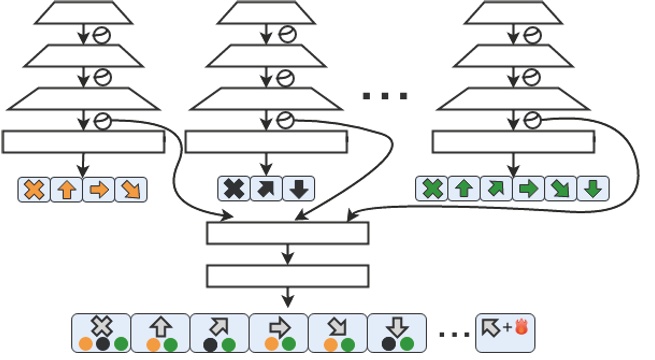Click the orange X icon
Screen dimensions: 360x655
34,189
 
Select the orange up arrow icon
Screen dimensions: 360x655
66,189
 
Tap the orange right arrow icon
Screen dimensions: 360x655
98,189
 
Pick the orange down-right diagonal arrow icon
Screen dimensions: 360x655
130,189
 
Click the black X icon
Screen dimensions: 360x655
234,188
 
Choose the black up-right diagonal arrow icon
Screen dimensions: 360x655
266,188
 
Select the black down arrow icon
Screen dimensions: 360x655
298,188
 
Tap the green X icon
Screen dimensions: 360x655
432,188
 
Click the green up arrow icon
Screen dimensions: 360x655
464,188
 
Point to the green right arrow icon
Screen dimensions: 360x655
528,188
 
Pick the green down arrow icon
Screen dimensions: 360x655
592,188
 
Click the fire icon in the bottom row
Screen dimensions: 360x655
520,325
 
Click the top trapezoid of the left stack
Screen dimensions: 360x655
83,13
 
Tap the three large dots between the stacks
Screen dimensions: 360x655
385,97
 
